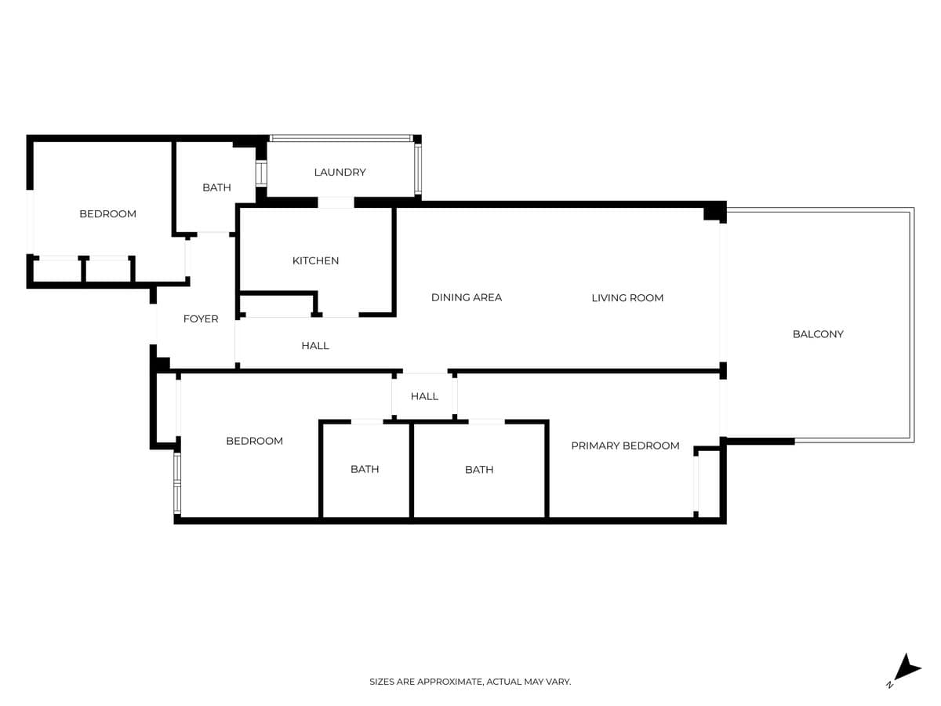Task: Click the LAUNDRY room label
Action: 340,172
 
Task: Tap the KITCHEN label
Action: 315,260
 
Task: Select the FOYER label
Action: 201,318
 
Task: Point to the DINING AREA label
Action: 466,297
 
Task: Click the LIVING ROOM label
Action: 627,297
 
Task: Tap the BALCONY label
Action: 817,333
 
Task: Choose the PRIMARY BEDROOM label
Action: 625,446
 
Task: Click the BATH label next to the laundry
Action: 216,187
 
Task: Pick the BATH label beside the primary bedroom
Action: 478,469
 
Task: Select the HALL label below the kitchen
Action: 314,345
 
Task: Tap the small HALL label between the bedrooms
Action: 424,396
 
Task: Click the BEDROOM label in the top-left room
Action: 107,213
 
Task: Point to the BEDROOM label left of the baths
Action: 254,441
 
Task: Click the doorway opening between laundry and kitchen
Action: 336,202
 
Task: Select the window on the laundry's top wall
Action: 341,139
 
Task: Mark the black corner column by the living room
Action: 715,212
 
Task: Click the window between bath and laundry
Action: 261,173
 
